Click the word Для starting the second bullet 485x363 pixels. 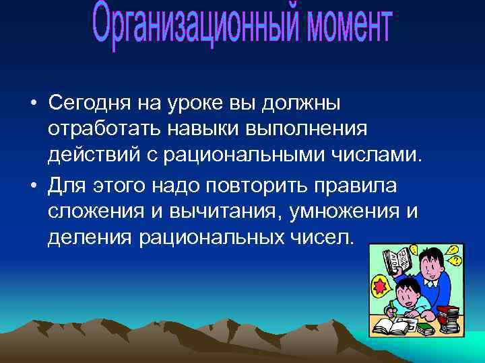(x=66, y=185)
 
